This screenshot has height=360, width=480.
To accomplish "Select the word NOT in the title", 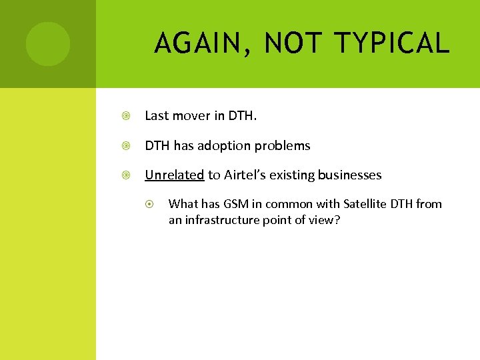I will pos(294,44).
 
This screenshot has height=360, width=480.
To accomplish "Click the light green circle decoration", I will pos(47,44).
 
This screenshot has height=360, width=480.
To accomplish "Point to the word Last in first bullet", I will pos(157,116).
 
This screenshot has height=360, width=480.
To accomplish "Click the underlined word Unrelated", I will pos(174,175).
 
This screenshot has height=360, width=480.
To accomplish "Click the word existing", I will pos(293,175).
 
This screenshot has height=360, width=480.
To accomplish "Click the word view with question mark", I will pos(325,220).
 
